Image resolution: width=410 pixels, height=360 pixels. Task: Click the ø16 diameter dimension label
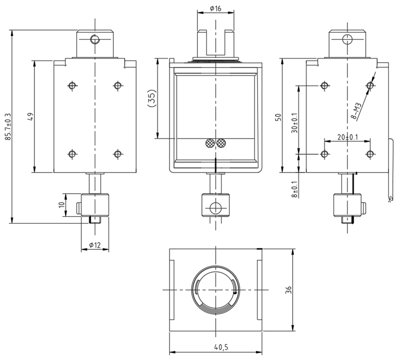click(x=215, y=9)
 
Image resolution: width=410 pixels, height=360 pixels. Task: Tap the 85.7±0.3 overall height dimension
click(x=8, y=127)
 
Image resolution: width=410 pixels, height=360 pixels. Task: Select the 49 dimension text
click(x=30, y=116)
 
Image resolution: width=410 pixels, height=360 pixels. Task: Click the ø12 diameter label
click(x=94, y=245)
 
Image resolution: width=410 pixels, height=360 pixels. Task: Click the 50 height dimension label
click(x=278, y=116)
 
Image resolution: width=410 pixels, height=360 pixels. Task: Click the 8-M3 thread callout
click(x=359, y=111)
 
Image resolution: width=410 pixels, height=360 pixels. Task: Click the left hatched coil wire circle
click(x=210, y=144)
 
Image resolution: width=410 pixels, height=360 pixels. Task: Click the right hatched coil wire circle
click(x=221, y=144)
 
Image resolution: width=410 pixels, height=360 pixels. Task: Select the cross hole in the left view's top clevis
click(x=94, y=39)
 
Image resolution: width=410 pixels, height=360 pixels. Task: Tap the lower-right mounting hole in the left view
click(x=117, y=154)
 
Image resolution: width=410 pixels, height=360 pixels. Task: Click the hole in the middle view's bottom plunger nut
click(x=216, y=208)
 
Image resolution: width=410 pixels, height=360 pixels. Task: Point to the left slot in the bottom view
click(x=172, y=290)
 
